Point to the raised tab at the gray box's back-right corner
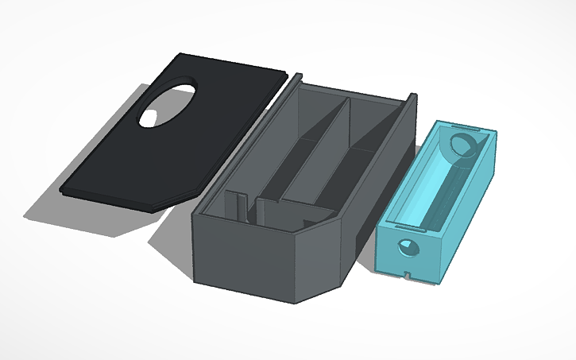(x=412, y=98)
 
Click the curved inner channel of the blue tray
(x=433, y=191)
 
